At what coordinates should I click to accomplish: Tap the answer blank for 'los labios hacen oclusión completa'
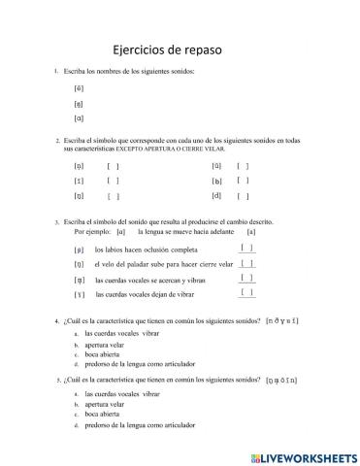click(247, 248)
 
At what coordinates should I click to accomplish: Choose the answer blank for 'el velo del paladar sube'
click(247, 263)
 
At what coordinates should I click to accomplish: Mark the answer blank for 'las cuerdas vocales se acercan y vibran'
click(247, 278)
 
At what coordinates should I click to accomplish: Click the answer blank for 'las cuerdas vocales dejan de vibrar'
click(247, 292)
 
